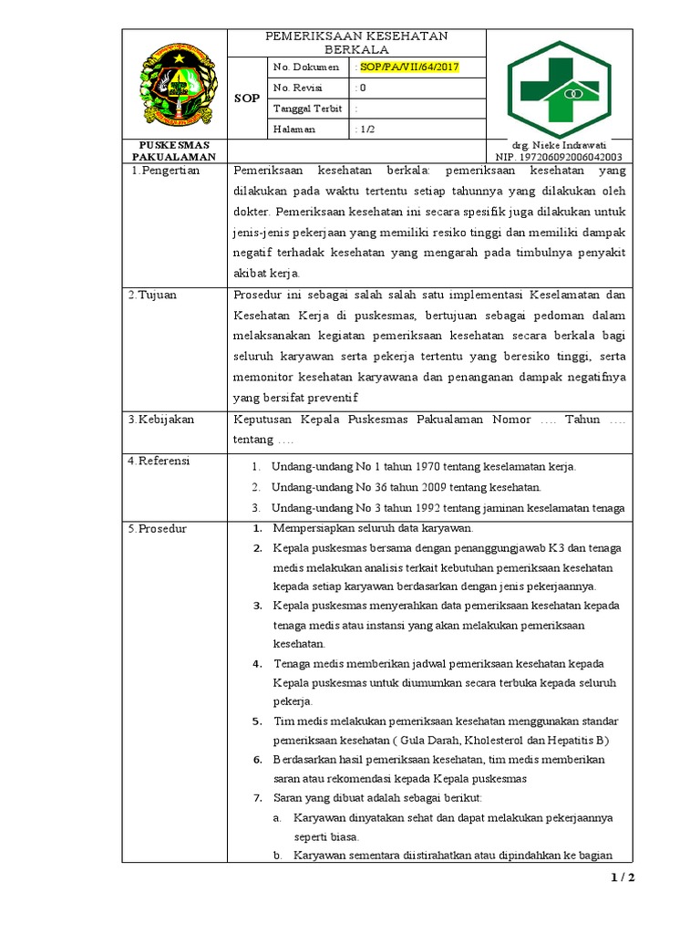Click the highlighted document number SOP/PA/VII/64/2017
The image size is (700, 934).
point(409,67)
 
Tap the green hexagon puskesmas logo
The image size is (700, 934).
point(560,88)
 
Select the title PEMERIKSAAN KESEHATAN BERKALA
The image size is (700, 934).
point(356,42)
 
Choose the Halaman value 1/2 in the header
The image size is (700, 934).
point(367,130)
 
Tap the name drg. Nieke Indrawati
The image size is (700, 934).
point(561,145)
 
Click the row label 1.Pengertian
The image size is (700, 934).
point(166,171)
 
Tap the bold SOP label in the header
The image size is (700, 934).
point(247,99)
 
